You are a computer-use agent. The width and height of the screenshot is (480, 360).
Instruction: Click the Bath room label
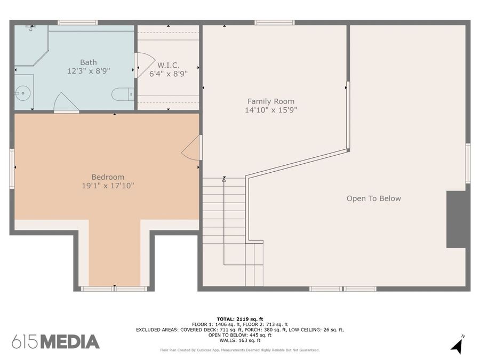click(89, 62)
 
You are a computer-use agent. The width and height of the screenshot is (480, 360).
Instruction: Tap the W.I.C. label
click(169, 65)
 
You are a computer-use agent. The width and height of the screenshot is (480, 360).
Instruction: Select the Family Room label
click(271, 101)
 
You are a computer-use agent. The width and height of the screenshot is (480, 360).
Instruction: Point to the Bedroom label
click(108, 177)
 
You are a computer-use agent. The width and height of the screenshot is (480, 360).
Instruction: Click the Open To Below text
click(374, 198)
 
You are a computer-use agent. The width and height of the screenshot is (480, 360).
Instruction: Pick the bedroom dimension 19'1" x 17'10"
click(108, 186)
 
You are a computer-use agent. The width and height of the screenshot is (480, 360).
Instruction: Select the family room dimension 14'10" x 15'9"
click(271, 110)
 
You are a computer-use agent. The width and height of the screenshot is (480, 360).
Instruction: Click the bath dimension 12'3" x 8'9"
click(89, 71)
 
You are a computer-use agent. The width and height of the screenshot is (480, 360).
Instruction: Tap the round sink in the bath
click(22, 93)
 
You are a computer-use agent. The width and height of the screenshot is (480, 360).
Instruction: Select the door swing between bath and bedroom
click(67, 102)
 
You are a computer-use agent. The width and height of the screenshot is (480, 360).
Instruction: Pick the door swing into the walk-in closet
click(145, 65)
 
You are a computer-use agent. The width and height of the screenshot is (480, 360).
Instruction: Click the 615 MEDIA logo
click(55, 342)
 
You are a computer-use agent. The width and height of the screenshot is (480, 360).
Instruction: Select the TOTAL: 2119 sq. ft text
click(240, 319)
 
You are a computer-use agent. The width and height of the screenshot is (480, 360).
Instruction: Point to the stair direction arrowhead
click(224, 180)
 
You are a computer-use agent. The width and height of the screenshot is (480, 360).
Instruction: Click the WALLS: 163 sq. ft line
click(240, 340)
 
